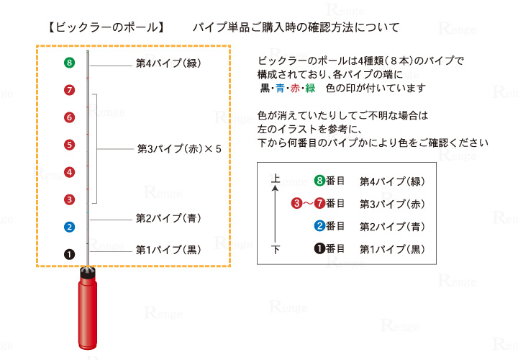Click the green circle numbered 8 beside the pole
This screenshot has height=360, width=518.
pos(69,63)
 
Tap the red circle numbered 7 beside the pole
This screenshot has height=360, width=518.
pos(69,90)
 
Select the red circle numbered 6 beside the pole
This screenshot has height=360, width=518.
pos(69,117)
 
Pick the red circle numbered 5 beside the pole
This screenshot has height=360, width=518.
pos(69,145)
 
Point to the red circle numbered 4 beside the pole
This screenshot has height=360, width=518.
pos(69,172)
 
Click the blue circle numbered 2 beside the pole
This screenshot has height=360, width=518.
pos(69,228)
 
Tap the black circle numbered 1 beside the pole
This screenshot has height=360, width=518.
pos(69,253)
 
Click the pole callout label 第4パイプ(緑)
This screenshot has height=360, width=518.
pos(168,63)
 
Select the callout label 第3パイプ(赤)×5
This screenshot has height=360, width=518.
pos(179,150)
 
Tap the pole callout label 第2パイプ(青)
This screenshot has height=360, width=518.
pos(168,217)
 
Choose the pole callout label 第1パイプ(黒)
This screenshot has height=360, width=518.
pos(168,250)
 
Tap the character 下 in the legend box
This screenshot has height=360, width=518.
pos(275,249)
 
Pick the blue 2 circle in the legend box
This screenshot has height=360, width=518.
pos(321,226)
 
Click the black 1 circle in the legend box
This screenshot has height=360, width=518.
pos(321,249)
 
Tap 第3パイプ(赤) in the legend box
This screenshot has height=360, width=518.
pos(392,204)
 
